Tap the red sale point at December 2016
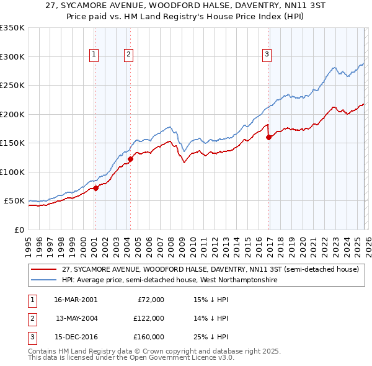pyautogui.click(x=268, y=138)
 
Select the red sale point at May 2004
pyautogui.click(x=131, y=159)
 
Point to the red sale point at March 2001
pyautogui.click(x=95, y=188)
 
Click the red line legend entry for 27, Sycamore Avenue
pyautogui.click(x=211, y=270)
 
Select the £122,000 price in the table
pyautogui.click(x=149, y=319)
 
